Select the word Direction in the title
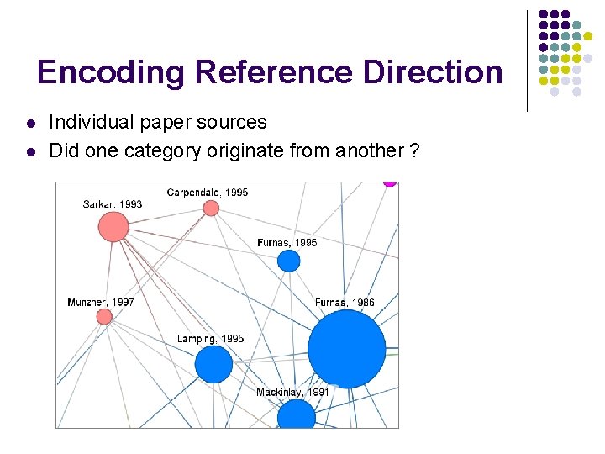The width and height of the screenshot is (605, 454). [433, 72]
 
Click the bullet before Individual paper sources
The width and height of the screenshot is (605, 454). [30, 124]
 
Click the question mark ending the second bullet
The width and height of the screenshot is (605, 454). [415, 151]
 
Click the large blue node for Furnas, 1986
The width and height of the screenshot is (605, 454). [346, 349]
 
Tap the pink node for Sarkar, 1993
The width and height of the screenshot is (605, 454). [113, 226]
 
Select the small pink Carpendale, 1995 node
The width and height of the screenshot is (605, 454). [211, 208]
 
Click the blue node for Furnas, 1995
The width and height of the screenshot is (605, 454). [289, 261]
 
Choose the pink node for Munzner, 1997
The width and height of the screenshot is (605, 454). [104, 316]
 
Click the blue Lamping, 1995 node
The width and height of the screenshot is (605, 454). [213, 364]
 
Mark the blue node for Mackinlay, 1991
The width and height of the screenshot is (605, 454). [296, 415]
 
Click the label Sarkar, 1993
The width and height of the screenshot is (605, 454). [113, 204]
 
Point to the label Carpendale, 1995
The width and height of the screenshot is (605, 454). [208, 193]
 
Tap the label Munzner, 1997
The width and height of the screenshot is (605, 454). [101, 302]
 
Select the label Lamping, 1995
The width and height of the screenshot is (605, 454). [210, 339]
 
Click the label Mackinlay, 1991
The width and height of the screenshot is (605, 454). [292, 393]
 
